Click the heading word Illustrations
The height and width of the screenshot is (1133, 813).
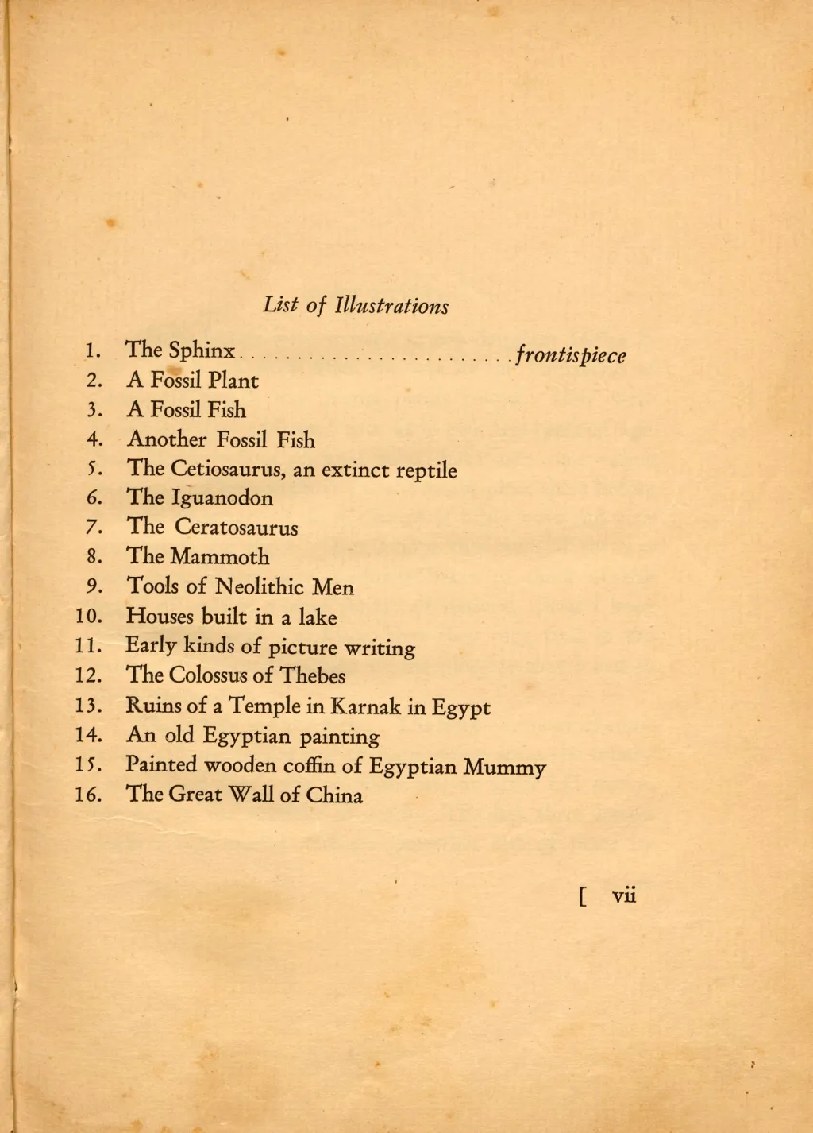coord(392,306)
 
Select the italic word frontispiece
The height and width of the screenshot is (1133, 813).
coord(571,355)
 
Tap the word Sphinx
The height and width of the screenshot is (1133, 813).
coord(202,350)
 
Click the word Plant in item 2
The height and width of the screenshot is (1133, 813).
coord(233,381)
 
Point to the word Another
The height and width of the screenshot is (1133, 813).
coord(167,439)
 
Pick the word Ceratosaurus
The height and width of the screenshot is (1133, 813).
coord(237,528)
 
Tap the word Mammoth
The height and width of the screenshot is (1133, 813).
coord(220,557)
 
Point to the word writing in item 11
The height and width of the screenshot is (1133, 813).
coord(380,648)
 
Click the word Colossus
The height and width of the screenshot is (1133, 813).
coord(209,676)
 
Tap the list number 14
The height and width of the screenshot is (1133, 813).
coord(88,735)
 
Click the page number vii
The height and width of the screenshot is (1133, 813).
coord(624,895)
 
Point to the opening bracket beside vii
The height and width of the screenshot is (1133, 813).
coord(584,897)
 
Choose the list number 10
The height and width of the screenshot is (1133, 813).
coord(88,617)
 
